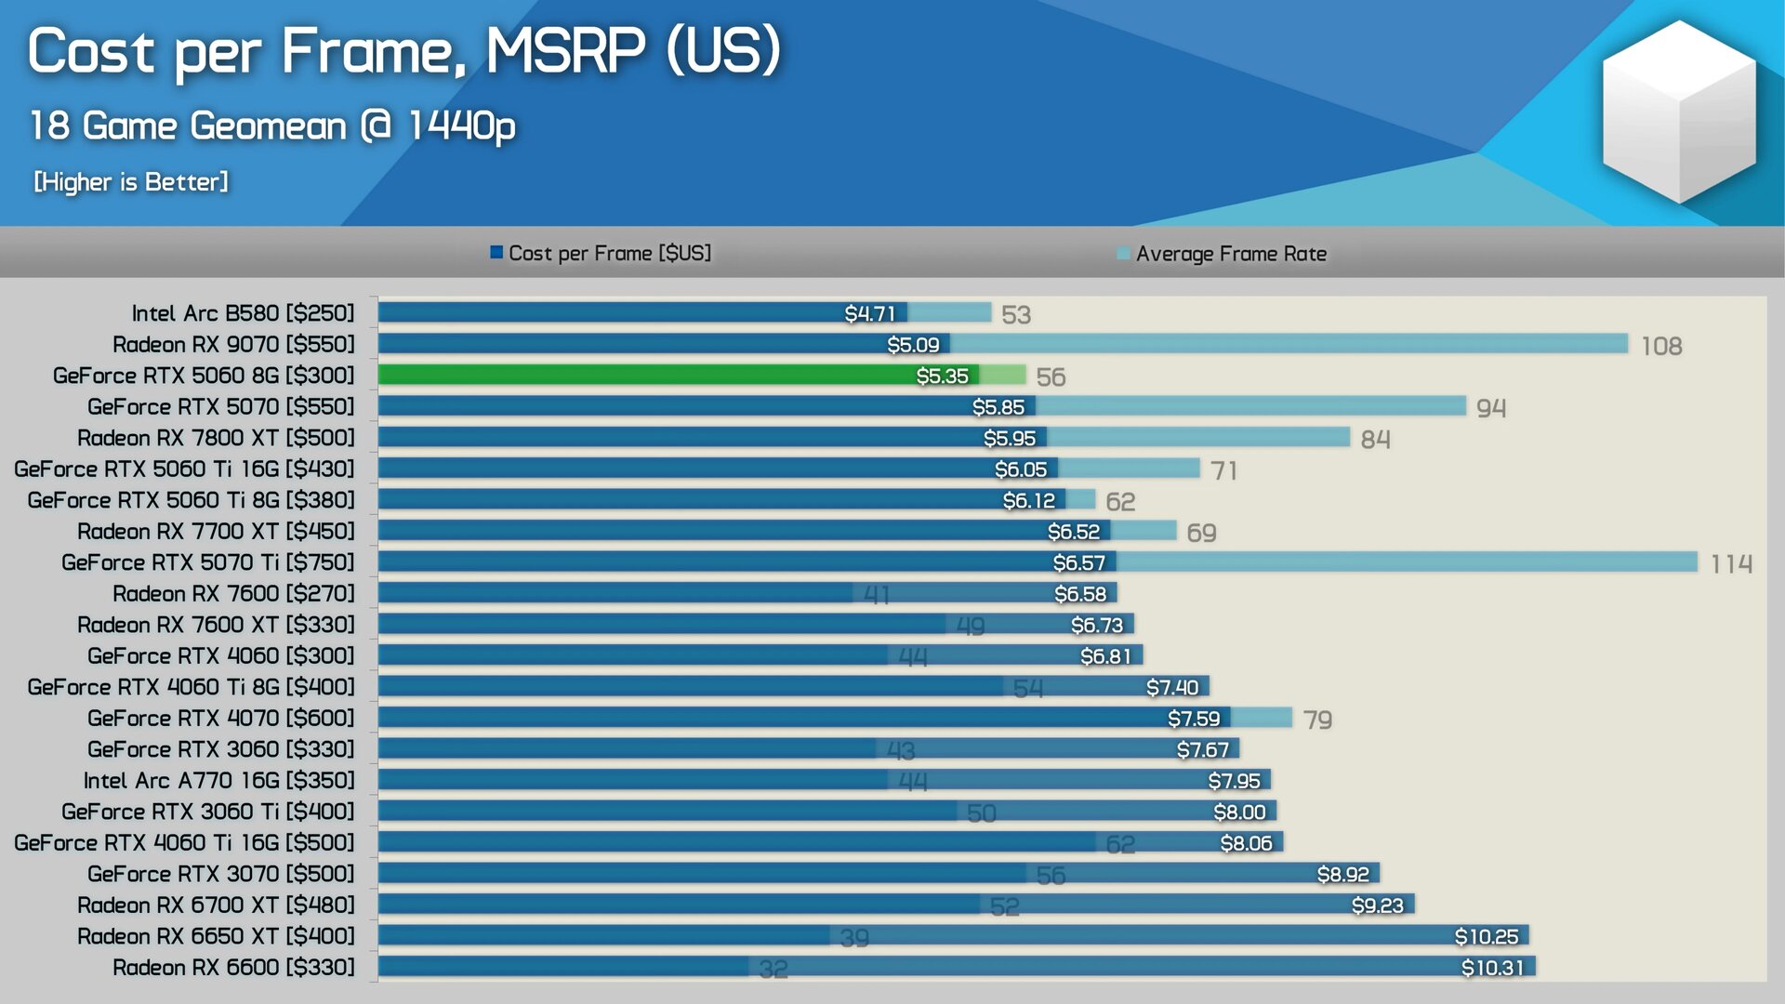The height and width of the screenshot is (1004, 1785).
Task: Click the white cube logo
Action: [x=1678, y=112]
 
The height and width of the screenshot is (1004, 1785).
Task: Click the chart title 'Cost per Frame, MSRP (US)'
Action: [x=404, y=51]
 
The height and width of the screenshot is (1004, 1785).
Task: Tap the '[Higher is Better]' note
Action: [x=131, y=181]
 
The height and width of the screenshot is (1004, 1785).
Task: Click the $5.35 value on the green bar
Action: [x=942, y=376]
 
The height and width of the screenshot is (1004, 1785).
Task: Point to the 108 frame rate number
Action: [x=1661, y=346]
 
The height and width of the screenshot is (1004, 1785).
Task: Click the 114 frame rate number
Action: [x=1731, y=563]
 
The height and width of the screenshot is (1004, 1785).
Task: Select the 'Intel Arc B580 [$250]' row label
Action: [x=243, y=313]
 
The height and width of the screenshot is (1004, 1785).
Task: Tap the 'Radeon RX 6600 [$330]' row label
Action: [x=233, y=968]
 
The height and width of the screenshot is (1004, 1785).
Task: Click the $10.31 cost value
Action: [x=1492, y=968]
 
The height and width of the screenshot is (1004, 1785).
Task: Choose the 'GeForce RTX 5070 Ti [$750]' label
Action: [x=208, y=562]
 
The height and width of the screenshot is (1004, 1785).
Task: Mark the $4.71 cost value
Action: [x=869, y=313]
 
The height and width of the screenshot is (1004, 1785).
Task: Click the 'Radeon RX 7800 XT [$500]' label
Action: [x=216, y=438]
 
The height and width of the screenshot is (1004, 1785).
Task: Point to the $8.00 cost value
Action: [x=1239, y=812]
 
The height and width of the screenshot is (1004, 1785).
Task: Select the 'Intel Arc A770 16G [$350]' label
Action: [x=218, y=781]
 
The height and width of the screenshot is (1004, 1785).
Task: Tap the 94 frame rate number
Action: [x=1491, y=407]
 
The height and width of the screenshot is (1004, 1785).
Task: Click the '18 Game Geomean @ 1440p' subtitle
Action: [x=272, y=125]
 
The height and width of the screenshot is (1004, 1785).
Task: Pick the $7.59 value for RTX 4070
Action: [x=1194, y=719]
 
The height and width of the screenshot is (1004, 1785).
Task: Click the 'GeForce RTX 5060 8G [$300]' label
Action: [x=204, y=376]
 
